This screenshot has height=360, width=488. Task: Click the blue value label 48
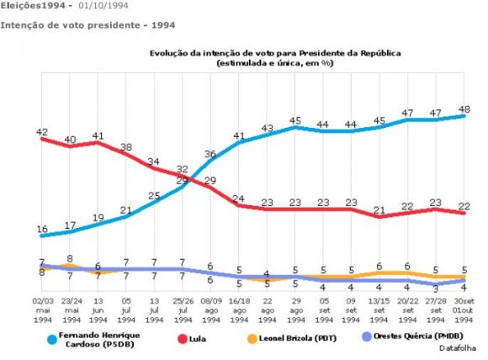point(464,109)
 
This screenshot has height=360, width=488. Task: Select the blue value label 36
point(210,154)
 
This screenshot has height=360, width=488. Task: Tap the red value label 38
point(125,147)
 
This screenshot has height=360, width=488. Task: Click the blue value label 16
point(41,229)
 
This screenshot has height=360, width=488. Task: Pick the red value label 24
point(238,199)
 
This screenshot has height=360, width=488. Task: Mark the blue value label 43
point(267,129)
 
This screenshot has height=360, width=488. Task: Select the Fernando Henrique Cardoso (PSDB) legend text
point(105,338)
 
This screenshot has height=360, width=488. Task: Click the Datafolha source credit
point(457,347)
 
